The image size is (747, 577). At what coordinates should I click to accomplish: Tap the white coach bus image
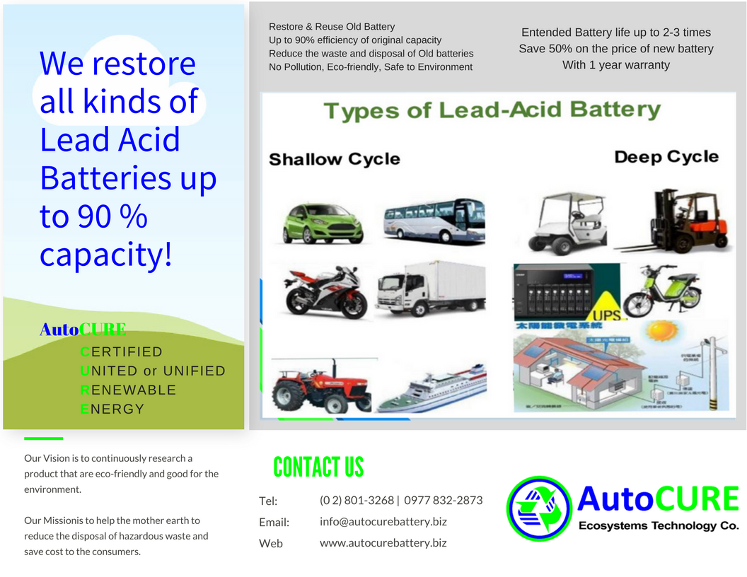pos(434,221)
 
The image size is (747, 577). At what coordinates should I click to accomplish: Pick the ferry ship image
pos(433,389)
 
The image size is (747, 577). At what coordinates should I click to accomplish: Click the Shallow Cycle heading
pos(334,159)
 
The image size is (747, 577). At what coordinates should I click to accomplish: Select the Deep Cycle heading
pos(666,156)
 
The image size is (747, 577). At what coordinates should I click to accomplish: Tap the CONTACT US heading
pos(318,467)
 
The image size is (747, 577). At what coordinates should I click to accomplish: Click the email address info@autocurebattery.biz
pos(383,522)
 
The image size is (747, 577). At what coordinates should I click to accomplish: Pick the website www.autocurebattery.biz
pos(383,543)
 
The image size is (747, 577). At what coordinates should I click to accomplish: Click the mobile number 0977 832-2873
pos(444,500)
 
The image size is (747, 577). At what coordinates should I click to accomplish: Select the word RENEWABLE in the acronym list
pos(128,390)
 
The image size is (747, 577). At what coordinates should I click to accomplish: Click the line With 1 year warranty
pos(615,65)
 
